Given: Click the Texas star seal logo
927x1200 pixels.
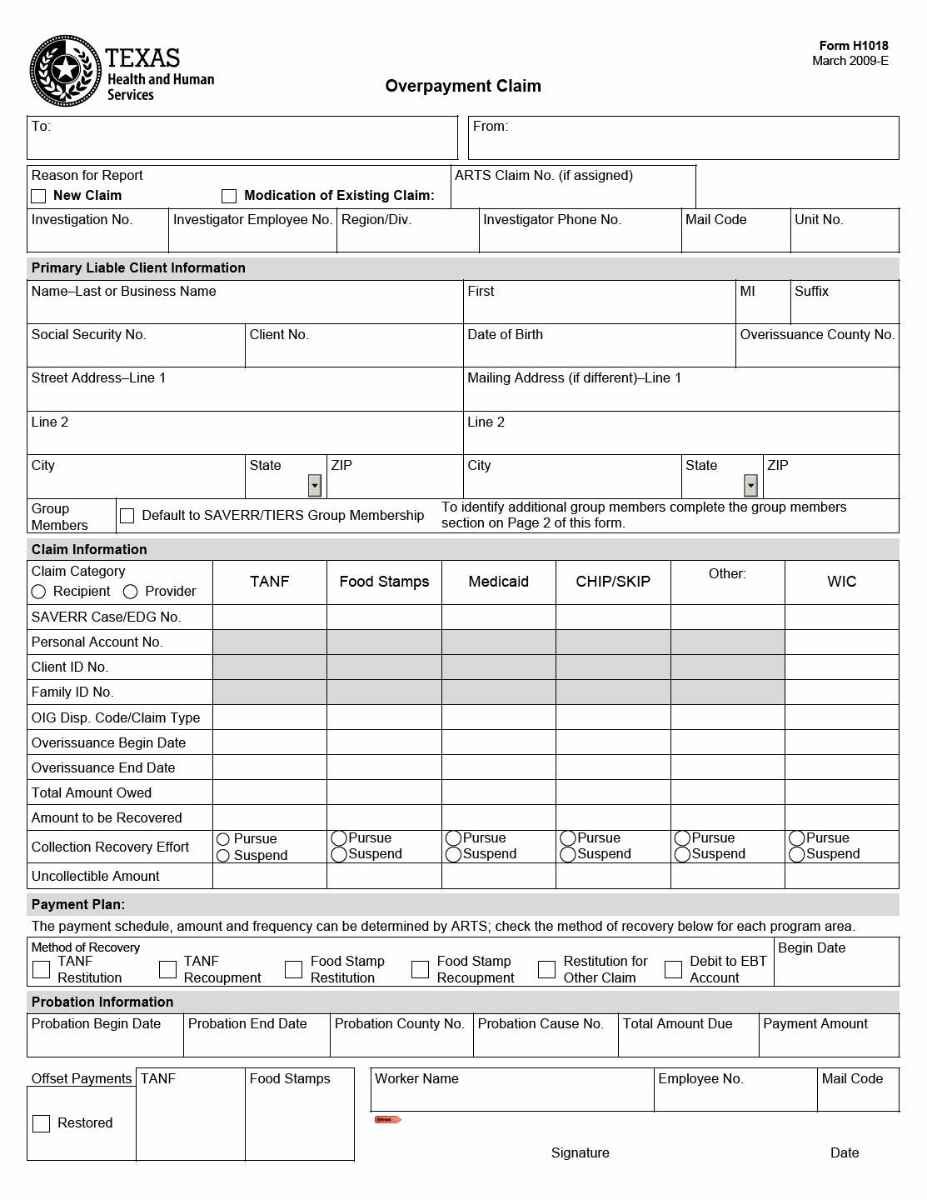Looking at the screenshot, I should [x=66, y=71].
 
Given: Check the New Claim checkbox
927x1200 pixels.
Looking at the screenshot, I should [x=38, y=197].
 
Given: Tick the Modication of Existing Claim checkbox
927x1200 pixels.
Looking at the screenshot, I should [x=229, y=197].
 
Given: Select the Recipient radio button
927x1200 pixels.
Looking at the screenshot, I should [x=38, y=592].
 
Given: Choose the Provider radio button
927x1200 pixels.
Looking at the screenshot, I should [x=131, y=592].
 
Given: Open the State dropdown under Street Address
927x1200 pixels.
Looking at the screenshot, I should [x=315, y=485].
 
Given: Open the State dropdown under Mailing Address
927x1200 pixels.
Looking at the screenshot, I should [x=751, y=485].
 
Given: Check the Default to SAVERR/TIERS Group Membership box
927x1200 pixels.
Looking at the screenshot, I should [x=127, y=516].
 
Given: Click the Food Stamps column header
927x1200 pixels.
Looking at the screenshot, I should [x=384, y=582].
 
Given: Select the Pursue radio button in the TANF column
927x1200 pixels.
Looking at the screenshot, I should [x=223, y=839].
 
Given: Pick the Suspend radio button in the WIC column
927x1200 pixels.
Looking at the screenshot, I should [x=797, y=855].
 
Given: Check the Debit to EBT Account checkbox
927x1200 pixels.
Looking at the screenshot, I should [x=673, y=969].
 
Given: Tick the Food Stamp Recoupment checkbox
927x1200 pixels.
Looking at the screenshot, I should [x=420, y=969].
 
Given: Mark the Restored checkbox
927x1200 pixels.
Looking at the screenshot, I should [x=41, y=1123].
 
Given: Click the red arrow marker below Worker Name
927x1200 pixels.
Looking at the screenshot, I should [x=387, y=1119].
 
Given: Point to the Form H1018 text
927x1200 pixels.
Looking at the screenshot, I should [x=854, y=47].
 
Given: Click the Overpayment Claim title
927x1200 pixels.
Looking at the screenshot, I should [x=463, y=86].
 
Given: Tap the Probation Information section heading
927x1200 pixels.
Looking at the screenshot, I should [x=102, y=1002].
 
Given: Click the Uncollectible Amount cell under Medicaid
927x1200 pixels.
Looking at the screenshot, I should [x=498, y=876].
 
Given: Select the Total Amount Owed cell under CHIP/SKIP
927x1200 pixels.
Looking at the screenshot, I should [x=613, y=792].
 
